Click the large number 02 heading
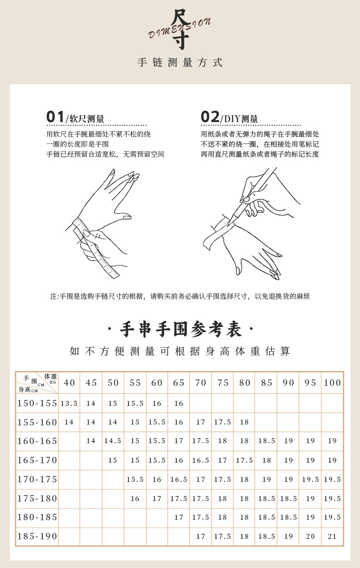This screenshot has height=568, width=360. point(210,117)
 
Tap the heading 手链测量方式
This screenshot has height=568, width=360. point(180,63)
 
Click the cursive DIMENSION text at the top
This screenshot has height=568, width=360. point(180,29)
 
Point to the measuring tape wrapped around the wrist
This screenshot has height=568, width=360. point(97,248)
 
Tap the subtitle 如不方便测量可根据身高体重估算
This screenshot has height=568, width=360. point(180,351)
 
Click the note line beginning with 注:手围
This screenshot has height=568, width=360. point(180,296)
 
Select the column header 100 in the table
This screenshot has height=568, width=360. point(332,383)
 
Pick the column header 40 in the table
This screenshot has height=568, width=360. point(69,383)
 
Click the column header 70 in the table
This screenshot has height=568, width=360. point(201,383)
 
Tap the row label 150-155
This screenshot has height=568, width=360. point(37,403)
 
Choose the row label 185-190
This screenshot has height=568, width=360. point(37,537)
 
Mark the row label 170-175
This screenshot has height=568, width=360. point(37,479)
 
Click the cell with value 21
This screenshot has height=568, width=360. point(332,537)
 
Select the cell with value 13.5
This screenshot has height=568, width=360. point(69,404)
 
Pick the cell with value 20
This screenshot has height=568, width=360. point(310,537)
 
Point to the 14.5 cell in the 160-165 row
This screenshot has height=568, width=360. point(113,441)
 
